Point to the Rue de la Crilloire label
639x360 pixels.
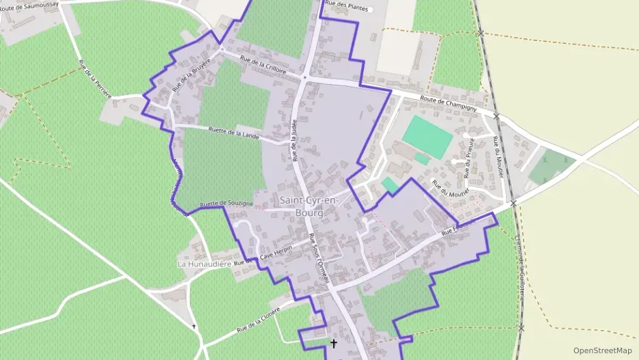(263, 65)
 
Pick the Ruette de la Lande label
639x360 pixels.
(233, 132)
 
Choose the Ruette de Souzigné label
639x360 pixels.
(227, 203)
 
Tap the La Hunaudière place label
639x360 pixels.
(204, 264)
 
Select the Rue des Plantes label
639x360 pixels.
(347, 6)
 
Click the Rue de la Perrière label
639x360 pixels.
(95, 79)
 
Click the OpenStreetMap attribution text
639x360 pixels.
(602, 350)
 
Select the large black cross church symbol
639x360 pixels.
(334, 344)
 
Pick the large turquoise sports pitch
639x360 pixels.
(427, 136)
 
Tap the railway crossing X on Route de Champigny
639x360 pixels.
(496, 117)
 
